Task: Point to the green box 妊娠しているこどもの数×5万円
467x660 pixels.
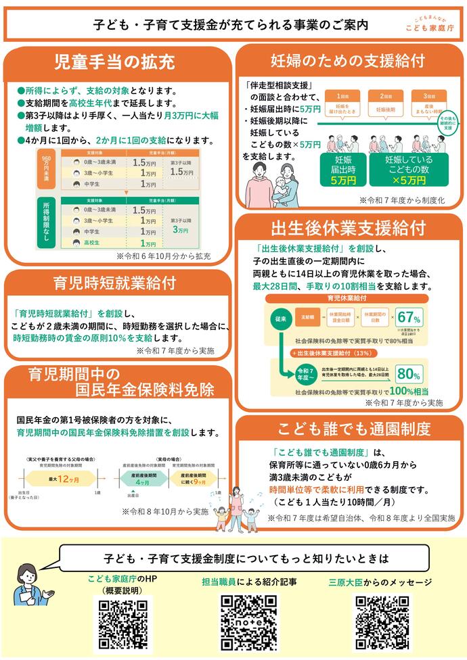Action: (408, 170)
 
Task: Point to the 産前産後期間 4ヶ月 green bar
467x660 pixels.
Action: (142, 478)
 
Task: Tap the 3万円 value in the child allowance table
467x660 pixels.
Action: (180, 231)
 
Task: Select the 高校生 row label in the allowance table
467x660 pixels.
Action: (90, 243)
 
